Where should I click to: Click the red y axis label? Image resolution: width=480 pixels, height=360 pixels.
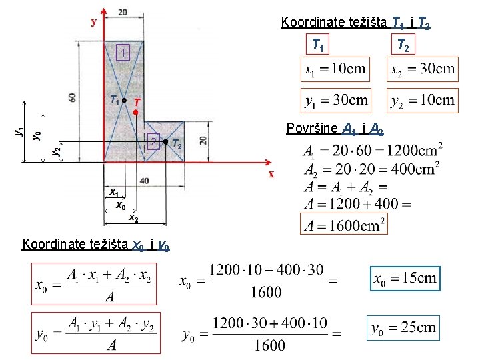(94, 21)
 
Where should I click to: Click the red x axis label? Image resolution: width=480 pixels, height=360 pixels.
(271, 174)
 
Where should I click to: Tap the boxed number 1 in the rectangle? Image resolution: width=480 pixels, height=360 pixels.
(122, 53)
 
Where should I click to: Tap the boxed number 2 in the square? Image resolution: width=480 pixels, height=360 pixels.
(153, 141)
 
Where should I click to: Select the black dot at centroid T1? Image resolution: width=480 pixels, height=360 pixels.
(124, 101)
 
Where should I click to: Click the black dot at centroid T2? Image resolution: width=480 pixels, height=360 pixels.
(165, 141)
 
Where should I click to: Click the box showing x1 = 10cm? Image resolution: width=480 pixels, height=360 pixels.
(335, 69)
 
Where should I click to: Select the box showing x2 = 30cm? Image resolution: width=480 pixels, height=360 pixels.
(422, 69)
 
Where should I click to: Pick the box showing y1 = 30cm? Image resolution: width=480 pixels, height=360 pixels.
(335, 100)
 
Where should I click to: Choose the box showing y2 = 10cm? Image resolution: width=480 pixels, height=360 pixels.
(422, 100)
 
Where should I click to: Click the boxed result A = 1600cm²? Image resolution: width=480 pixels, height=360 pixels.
(345, 225)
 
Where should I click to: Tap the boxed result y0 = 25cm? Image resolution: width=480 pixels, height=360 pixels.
(405, 327)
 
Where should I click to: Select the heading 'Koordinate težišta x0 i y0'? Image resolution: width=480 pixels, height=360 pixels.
(96, 245)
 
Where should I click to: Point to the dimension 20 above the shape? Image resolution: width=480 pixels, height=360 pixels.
(123, 12)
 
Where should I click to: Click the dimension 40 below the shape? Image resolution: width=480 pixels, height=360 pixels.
(144, 181)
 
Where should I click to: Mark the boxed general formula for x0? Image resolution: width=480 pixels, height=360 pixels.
(93, 284)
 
